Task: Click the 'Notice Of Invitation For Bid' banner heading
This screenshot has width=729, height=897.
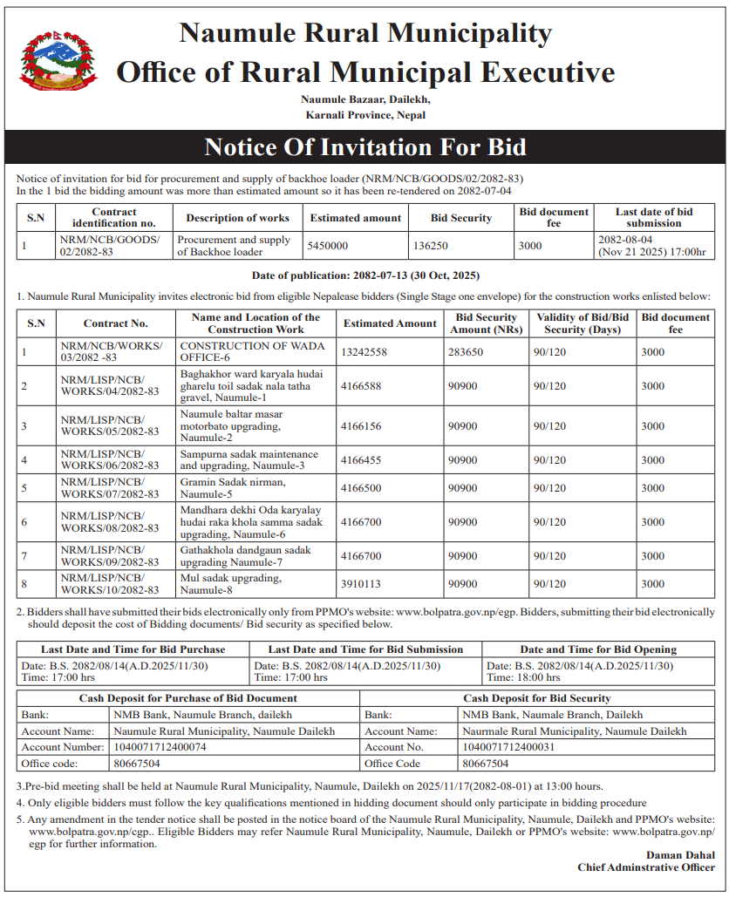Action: point(364,146)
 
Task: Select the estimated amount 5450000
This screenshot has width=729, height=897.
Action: point(328,246)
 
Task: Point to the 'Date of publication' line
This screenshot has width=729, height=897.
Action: point(364,275)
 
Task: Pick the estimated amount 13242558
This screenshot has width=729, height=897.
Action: point(365,351)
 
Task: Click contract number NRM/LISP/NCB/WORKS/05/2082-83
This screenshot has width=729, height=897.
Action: point(110,425)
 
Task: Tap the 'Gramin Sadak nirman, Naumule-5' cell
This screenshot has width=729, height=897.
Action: point(232,488)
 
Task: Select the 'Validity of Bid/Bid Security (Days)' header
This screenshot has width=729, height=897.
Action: point(582,323)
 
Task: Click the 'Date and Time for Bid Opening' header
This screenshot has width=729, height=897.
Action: point(598,649)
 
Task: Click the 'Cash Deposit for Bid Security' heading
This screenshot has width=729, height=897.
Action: point(536,698)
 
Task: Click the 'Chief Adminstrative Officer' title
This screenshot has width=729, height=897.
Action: point(646,867)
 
